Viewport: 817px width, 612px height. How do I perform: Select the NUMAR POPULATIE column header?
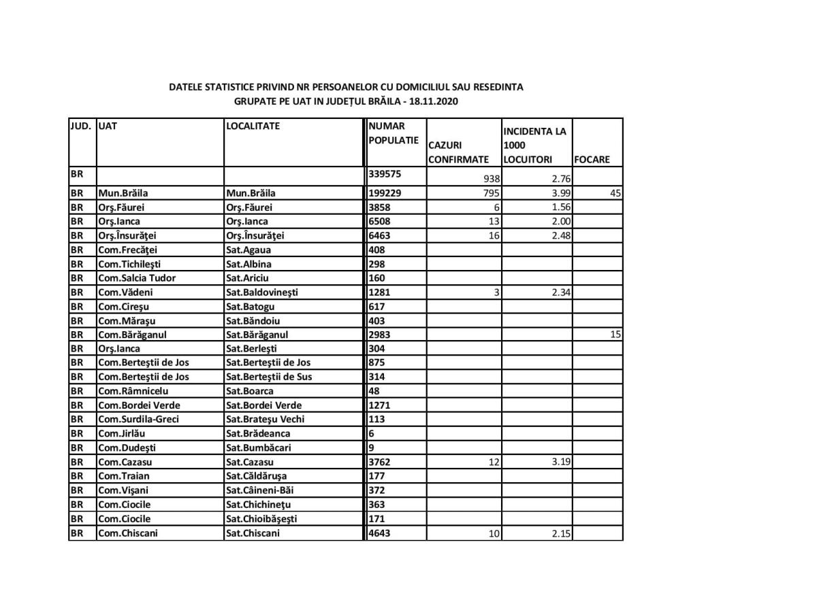[393, 133]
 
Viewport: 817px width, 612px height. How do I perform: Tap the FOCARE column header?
[592, 160]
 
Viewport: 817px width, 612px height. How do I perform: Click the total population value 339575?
[385, 174]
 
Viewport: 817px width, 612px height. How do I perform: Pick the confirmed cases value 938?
[491, 180]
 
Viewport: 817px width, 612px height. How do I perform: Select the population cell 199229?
[385, 193]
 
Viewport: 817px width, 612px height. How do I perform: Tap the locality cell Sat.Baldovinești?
[262, 292]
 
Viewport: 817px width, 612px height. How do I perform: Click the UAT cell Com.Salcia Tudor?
[137, 278]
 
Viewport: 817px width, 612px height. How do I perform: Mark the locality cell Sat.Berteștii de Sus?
[269, 377]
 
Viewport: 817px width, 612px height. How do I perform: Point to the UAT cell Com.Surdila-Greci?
[139, 420]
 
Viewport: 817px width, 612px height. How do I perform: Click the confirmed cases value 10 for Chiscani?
[494, 534]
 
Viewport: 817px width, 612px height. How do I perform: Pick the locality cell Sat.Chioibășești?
[261, 519]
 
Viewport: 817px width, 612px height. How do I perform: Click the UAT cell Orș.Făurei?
[122, 207]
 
